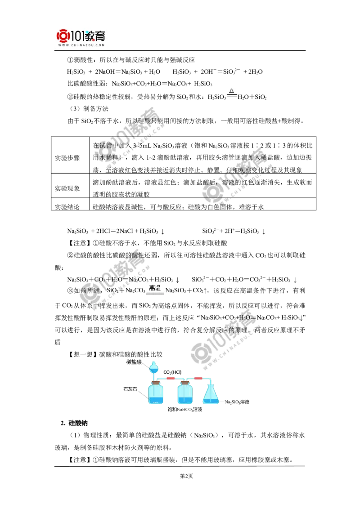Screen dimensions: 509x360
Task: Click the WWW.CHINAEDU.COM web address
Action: pos(81,45)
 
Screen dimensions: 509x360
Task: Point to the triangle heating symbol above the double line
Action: pos(232,91)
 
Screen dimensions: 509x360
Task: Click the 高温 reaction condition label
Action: pos(155,288)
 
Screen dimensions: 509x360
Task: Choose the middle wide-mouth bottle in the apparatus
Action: pos(184,394)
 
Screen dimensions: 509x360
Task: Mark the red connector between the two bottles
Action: pos(171,379)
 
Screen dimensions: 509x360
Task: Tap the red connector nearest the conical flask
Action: pos(198,379)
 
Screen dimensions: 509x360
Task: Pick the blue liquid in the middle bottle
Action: pos(184,399)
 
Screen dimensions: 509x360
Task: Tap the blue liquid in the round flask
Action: pos(154,369)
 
